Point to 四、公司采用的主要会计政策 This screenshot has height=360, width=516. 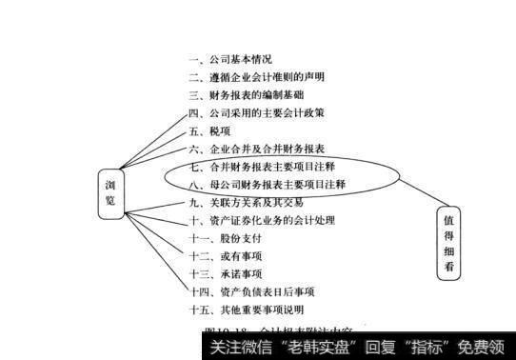pyautogui.click(x=257, y=112)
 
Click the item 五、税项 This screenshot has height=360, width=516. pyautogui.click(x=210, y=130)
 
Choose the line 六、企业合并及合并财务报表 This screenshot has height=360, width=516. pyautogui.click(x=257, y=149)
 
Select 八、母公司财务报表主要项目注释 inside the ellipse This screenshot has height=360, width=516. pyautogui.click(x=268, y=183)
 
